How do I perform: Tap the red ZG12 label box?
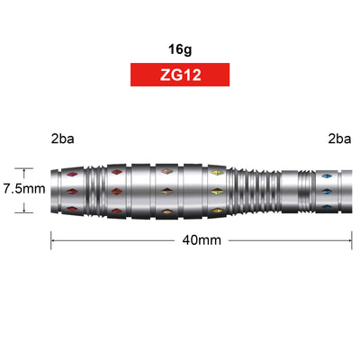180,75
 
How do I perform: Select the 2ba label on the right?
338,139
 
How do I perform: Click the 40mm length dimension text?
202,240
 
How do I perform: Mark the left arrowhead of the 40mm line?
53,240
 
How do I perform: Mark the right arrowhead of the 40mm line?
349,240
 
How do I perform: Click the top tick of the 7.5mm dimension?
24,168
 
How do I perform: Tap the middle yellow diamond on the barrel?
215,191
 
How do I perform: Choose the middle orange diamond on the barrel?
166,191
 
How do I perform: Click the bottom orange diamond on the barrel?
166,211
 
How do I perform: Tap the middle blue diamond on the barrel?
324,191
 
